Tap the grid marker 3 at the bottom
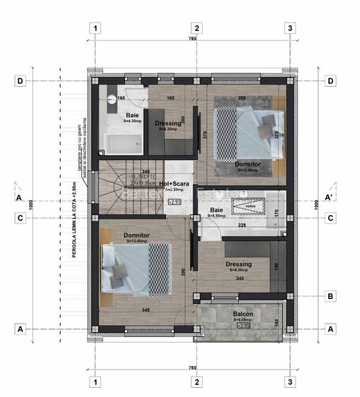[x=289, y=381]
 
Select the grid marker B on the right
[x=330, y=297]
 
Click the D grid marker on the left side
[x=21, y=81]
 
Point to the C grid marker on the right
[x=330, y=219]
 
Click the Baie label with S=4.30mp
[x=133, y=117]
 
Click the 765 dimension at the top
[x=192, y=39]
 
